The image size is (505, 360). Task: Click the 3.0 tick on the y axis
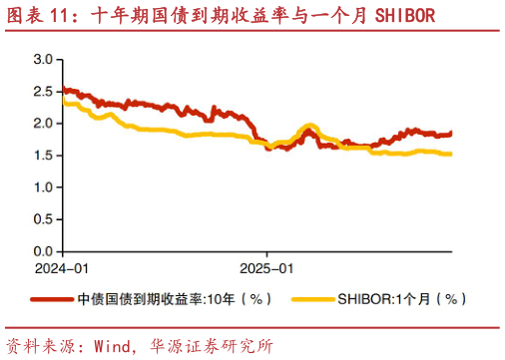pos(43,60)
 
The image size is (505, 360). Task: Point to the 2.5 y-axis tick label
pos(43,92)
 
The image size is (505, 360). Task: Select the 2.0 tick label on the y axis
pos(43,124)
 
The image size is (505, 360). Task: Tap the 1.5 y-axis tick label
pos(43,156)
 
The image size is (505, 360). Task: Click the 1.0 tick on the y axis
pos(43,187)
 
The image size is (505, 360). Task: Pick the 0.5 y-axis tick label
pos(43,219)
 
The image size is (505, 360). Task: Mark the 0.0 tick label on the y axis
pos(43,250)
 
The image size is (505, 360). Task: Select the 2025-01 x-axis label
pos(266,268)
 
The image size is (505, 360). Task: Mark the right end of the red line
pos(451,133)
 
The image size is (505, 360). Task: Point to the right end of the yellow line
pos(451,154)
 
